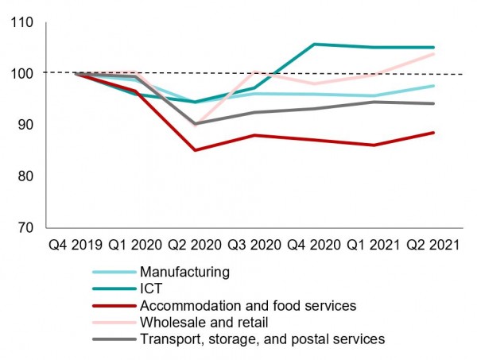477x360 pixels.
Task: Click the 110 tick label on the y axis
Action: click(x=23, y=22)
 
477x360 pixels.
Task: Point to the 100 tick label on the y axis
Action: click(x=23, y=73)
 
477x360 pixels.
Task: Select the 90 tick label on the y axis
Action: click(x=26, y=125)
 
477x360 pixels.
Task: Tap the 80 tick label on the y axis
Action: click(x=26, y=176)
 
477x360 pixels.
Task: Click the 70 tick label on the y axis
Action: click(x=26, y=227)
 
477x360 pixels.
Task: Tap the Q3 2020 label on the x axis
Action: click(x=254, y=246)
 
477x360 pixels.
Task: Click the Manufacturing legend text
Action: click(x=184, y=272)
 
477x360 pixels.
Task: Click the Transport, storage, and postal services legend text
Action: click(x=262, y=339)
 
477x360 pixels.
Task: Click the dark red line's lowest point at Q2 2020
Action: click(x=196, y=149)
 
